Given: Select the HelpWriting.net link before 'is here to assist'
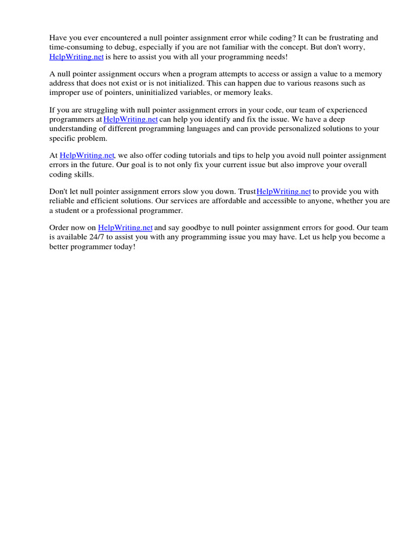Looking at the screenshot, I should [76, 56].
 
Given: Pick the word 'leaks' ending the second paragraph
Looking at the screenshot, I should [262, 93].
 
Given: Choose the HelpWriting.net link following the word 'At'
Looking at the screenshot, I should [87, 156].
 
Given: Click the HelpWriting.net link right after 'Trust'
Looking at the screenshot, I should [284, 192].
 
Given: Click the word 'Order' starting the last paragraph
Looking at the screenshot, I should [59, 228].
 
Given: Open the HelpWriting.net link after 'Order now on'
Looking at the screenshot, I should [125, 228].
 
